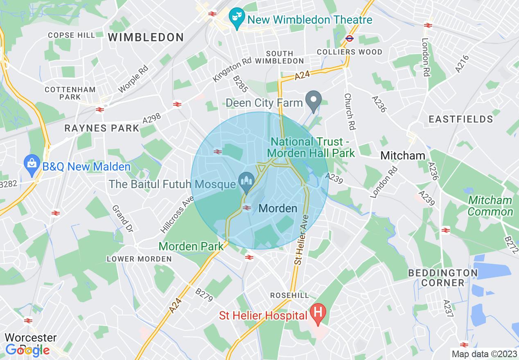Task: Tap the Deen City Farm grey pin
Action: coord(314,100)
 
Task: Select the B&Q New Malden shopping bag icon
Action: coord(32,164)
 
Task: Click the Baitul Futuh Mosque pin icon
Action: coord(246,181)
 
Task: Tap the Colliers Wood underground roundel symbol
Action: coord(349,38)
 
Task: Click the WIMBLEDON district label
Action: coord(146,38)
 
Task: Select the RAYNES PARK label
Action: coord(102,128)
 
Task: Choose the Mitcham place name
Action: coord(403,155)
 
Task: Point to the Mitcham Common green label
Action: coord(490,206)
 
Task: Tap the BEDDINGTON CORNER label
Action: coord(443,277)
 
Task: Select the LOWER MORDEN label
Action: coord(139,259)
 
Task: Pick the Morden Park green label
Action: coord(191,246)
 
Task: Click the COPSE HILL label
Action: coord(71,35)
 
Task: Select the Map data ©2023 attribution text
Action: coord(484,354)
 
